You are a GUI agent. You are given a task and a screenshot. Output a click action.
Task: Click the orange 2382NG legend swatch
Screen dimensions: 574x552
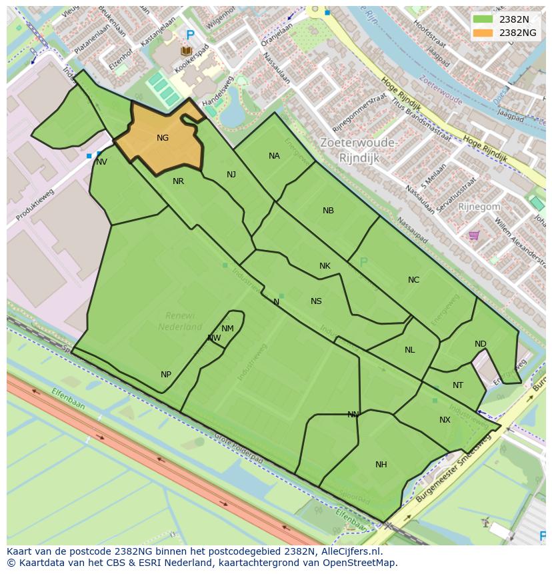coord(483,33)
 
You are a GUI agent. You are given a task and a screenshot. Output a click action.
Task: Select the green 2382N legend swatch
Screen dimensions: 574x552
coord(483,19)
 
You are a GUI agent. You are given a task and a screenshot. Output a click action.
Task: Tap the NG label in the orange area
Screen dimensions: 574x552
coord(163,138)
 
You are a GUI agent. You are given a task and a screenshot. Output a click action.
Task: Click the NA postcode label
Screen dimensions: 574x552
coord(274,156)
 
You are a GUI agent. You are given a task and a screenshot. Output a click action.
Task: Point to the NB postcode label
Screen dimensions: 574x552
coord(328,211)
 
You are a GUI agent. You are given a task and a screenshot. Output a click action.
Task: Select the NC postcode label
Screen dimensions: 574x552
coord(413,280)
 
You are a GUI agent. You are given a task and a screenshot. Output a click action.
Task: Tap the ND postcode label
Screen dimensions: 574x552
coord(481,344)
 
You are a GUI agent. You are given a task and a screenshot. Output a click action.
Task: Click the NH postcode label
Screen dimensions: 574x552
coord(381,465)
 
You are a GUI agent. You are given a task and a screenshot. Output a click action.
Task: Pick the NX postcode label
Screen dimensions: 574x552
coord(445,420)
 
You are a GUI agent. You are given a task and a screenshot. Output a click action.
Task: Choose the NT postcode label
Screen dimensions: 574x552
coord(458,385)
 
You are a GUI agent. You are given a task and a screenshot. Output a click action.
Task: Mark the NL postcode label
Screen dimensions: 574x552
coord(409,350)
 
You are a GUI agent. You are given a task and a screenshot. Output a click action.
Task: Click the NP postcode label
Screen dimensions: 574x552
coord(166,375)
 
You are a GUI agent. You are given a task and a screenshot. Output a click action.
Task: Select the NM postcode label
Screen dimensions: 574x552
coord(227,329)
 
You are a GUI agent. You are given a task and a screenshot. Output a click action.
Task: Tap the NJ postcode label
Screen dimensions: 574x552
coord(231,175)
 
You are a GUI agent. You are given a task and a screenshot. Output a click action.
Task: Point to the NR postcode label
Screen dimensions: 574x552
coord(178,181)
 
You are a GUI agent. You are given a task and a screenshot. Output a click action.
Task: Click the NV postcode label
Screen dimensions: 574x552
coord(101,162)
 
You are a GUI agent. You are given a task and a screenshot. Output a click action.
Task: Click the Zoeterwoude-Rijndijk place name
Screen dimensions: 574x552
coord(359,150)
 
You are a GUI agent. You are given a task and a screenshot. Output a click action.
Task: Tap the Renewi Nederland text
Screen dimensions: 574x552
coord(180,321)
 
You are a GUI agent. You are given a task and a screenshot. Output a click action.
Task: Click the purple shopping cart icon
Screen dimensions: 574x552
coord(474,235)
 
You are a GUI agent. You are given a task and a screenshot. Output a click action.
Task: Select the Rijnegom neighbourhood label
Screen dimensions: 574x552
coord(479,207)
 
